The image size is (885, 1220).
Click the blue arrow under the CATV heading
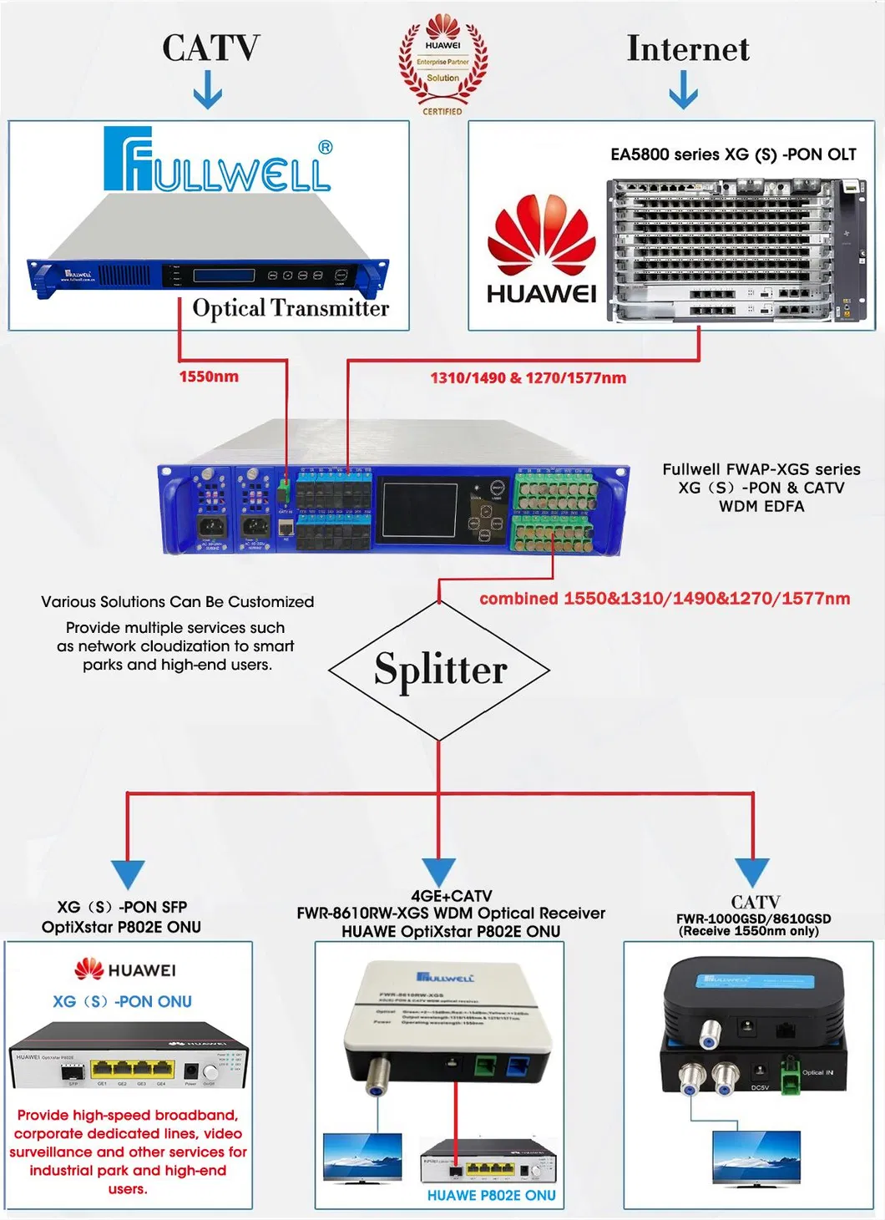pyautogui.click(x=208, y=90)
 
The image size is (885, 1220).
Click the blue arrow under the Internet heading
pyautogui.click(x=684, y=89)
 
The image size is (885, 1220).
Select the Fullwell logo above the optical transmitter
pyautogui.click(x=218, y=159)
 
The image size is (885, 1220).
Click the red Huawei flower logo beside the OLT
pyautogui.click(x=542, y=236)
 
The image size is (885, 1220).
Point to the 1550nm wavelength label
pyautogui.click(x=209, y=377)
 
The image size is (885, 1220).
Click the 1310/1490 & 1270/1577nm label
pyautogui.click(x=528, y=378)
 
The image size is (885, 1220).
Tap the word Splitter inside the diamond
pyautogui.click(x=440, y=670)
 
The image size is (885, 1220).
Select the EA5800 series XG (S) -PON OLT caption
pyautogui.click(x=733, y=154)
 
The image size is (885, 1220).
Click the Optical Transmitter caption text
pyautogui.click(x=291, y=308)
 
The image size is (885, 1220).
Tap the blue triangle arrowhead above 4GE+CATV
pyautogui.click(x=439, y=871)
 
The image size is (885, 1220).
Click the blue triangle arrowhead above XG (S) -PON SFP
pyautogui.click(x=128, y=873)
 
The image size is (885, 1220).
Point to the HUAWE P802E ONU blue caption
pyautogui.click(x=491, y=1196)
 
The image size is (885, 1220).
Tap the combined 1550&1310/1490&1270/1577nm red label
pyautogui.click(x=665, y=599)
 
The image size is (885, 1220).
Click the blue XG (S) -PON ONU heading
pyautogui.click(x=122, y=1001)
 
